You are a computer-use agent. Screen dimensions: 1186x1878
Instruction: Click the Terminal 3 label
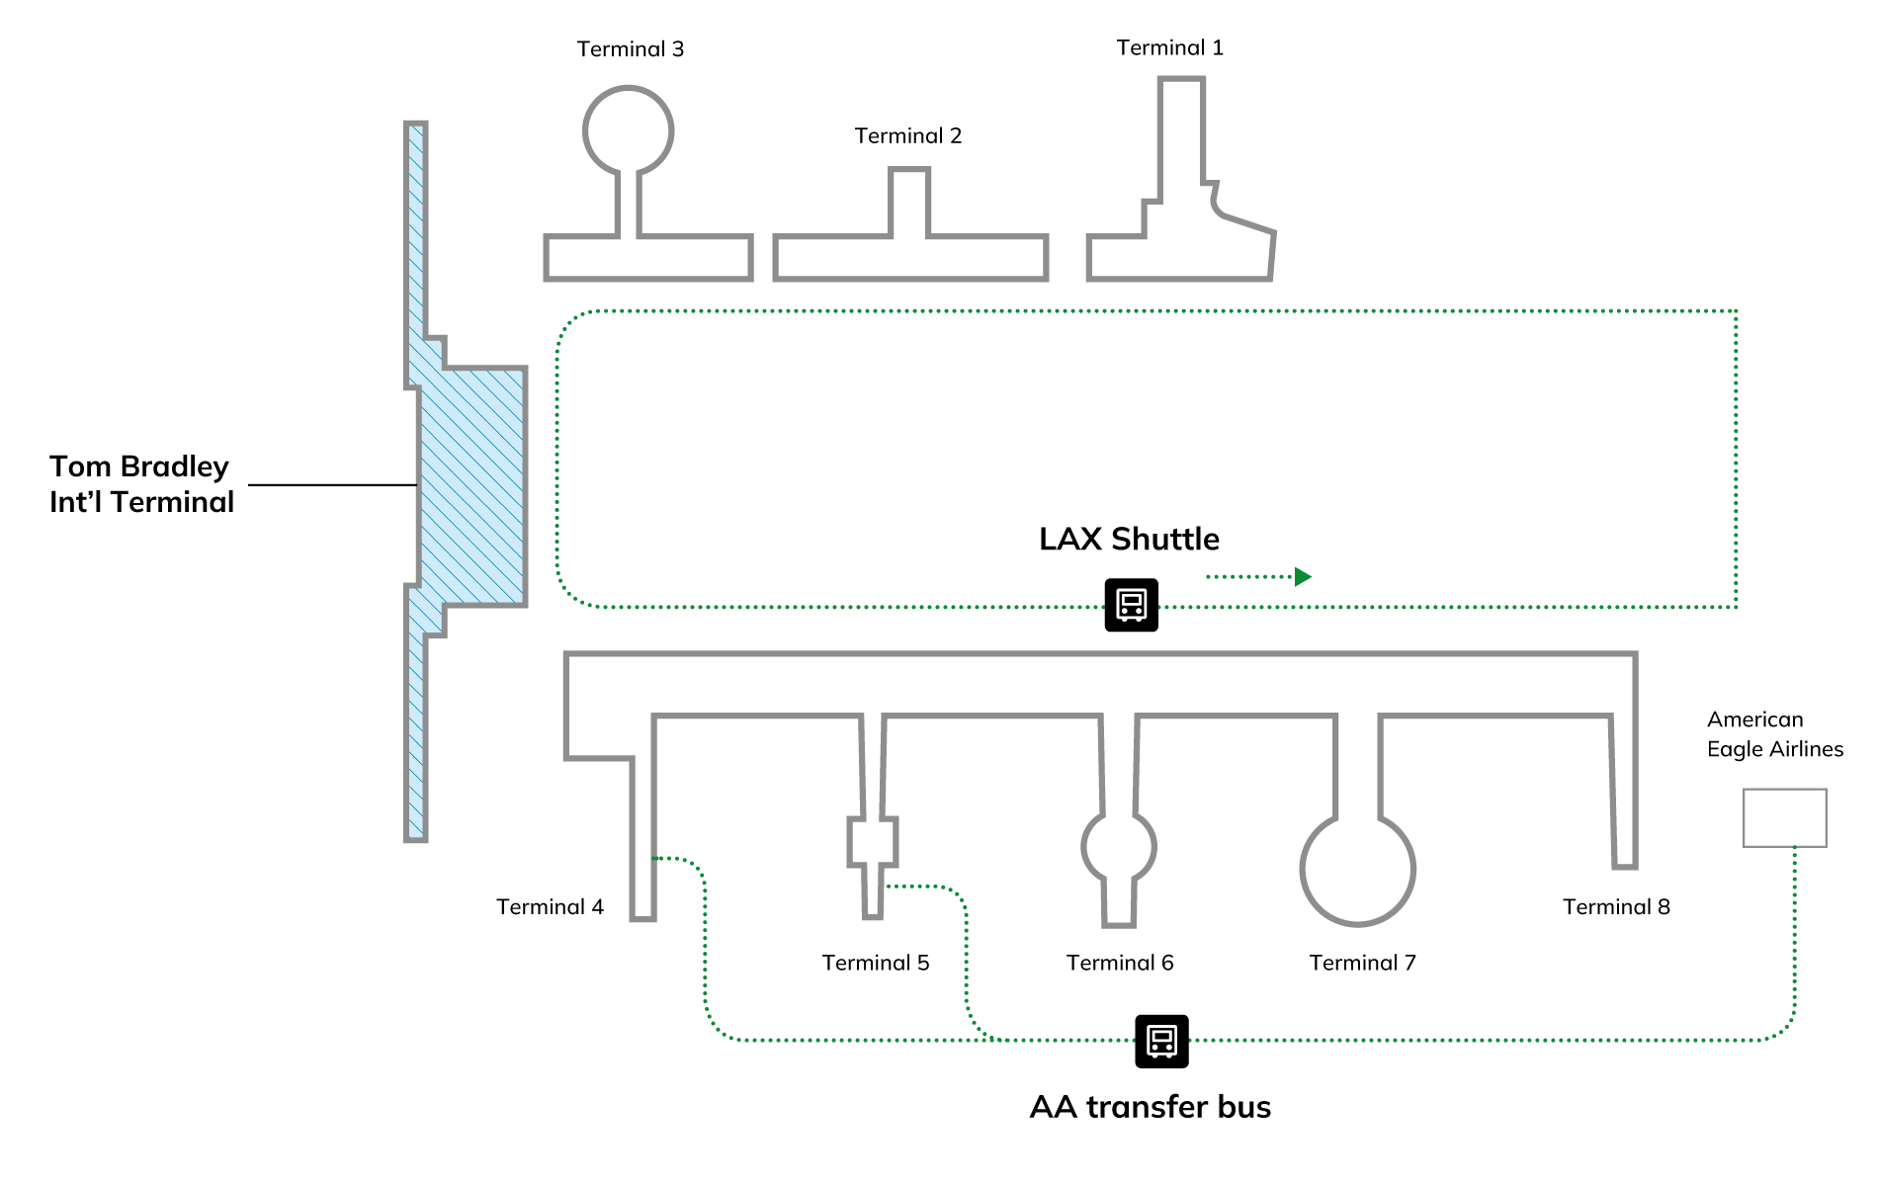pos(631,49)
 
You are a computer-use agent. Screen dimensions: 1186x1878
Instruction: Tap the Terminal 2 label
pos(907,136)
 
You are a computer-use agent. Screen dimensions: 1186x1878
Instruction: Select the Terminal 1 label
pos(1169,48)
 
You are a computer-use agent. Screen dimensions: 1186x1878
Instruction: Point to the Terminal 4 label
pos(550,907)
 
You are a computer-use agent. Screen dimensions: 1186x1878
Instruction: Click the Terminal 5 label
pos(876,964)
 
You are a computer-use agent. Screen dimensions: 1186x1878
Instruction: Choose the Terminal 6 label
pos(1120,964)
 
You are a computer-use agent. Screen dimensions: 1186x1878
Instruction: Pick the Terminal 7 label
pos(1362,964)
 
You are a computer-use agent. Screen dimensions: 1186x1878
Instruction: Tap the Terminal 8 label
pos(1616,907)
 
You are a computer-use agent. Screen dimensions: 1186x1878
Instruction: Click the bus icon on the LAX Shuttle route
pos(1131,605)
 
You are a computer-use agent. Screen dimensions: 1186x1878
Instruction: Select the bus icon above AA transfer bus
pos(1161,1042)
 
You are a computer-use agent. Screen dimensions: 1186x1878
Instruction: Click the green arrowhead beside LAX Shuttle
pos(1303,577)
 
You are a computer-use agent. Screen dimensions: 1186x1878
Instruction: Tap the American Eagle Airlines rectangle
pos(1784,818)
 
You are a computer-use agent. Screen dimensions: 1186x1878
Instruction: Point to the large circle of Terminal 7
pos(1358,870)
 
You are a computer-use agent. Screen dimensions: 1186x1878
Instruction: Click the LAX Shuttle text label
pos(1129,540)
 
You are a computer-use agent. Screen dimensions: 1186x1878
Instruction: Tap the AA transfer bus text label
pos(1150,1107)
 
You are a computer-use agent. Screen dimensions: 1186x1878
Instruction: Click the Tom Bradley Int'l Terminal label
pos(141,484)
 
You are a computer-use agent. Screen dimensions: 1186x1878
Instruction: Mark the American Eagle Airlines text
pos(1774,734)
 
